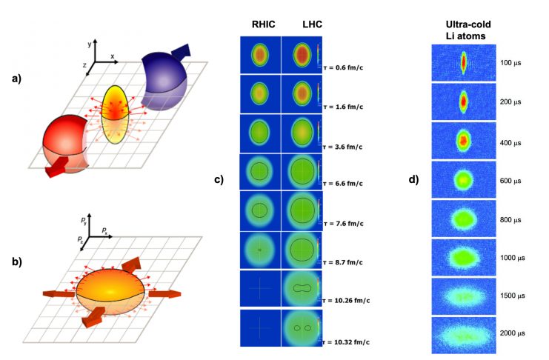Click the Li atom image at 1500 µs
coord(464,295)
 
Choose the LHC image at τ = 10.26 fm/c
coord(300,287)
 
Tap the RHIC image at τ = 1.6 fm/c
coord(260,95)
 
